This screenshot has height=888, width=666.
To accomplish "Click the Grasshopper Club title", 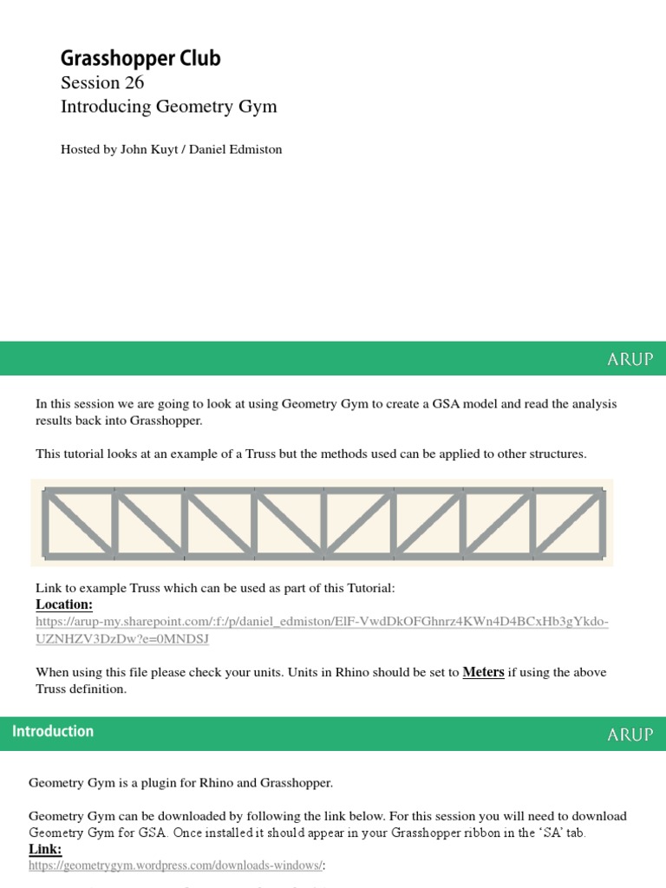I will tap(140, 58).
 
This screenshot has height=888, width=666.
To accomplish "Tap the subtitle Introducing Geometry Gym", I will tap(168, 107).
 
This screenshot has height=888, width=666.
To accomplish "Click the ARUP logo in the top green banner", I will tap(630, 358).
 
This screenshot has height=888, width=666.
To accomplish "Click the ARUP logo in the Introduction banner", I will tap(630, 734).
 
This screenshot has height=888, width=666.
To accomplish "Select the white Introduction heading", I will tap(53, 731).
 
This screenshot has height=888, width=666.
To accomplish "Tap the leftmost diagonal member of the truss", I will tap(78, 522).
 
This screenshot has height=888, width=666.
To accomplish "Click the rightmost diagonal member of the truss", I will tap(569, 522).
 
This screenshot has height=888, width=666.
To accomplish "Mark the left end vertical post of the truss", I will tap(45, 522).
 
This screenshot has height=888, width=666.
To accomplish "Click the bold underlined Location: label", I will tap(64, 604).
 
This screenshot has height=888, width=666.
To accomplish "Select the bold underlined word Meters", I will tap(483, 672).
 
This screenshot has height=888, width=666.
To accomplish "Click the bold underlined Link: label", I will tap(45, 849).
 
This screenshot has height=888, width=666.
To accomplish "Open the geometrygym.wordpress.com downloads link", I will tap(176, 865).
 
